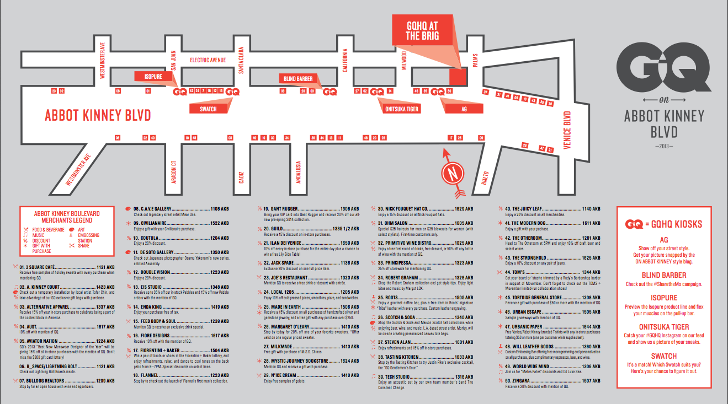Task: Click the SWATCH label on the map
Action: click(x=208, y=109)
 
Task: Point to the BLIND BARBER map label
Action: click(x=298, y=79)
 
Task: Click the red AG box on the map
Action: click(x=464, y=109)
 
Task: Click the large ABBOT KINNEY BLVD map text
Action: click(x=98, y=116)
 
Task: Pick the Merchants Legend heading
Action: click(x=59, y=217)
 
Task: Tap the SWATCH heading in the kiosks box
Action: click(x=663, y=357)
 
